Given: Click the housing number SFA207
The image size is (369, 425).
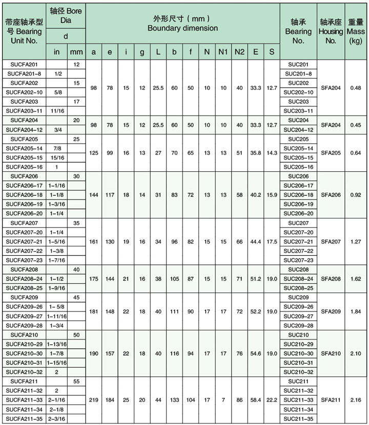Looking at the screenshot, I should tap(331, 241).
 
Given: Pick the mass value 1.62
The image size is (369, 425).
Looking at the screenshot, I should tap(356, 278).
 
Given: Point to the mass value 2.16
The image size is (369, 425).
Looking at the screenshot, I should tap(356, 399).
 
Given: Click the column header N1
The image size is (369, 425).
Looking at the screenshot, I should tap(222, 52).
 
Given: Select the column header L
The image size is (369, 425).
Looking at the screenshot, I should tap(157, 52).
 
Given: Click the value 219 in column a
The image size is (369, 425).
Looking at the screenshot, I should tap(93, 399).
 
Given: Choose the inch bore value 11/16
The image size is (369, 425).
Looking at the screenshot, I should tap(58, 111).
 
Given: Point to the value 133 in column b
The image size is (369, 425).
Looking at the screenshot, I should tap(174, 399).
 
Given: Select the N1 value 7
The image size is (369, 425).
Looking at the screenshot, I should tap(222, 399).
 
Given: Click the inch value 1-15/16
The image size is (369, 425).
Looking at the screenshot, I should tap(58, 362).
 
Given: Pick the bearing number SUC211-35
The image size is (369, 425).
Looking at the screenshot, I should tap(298, 418).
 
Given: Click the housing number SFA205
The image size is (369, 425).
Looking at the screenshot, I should tap(331, 152).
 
